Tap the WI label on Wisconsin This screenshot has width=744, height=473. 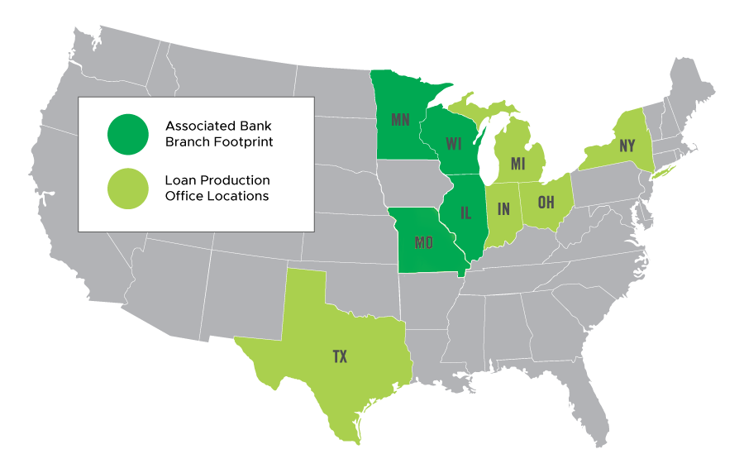453,144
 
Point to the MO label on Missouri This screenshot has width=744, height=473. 424,243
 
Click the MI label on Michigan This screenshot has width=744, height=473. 518,164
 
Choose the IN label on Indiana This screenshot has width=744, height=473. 503,209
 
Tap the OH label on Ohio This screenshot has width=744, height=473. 546,202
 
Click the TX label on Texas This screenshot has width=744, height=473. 340,356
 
